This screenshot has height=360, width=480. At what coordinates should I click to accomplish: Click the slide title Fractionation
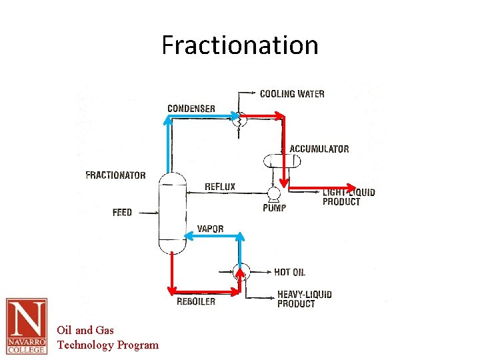(x=240, y=45)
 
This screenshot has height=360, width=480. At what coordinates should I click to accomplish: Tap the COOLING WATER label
(x=292, y=94)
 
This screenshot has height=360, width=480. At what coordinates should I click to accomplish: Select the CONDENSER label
(x=191, y=109)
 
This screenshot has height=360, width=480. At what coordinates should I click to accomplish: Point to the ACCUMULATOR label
(x=319, y=149)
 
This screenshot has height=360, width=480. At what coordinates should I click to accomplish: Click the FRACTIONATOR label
(x=115, y=175)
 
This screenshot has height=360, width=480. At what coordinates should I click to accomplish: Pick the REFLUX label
(x=220, y=187)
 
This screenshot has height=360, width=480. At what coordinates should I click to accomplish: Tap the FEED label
(x=122, y=213)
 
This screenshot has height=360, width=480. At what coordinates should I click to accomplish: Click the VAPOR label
(x=211, y=229)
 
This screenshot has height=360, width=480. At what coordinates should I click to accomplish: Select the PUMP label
(x=274, y=208)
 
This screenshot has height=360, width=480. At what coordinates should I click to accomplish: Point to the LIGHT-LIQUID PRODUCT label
(x=348, y=197)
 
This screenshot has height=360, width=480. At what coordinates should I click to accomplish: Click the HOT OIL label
(x=289, y=272)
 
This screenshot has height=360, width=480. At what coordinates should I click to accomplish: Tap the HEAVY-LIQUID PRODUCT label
(x=304, y=299)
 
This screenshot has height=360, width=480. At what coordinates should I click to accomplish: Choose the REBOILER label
(x=196, y=301)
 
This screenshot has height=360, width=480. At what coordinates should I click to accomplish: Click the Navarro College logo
(x=27, y=326)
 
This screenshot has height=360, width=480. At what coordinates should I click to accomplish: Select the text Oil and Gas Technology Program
(x=107, y=337)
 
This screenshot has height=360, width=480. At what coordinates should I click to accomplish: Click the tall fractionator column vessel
(x=172, y=213)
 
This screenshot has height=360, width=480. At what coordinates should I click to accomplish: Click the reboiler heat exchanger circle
(x=241, y=271)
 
